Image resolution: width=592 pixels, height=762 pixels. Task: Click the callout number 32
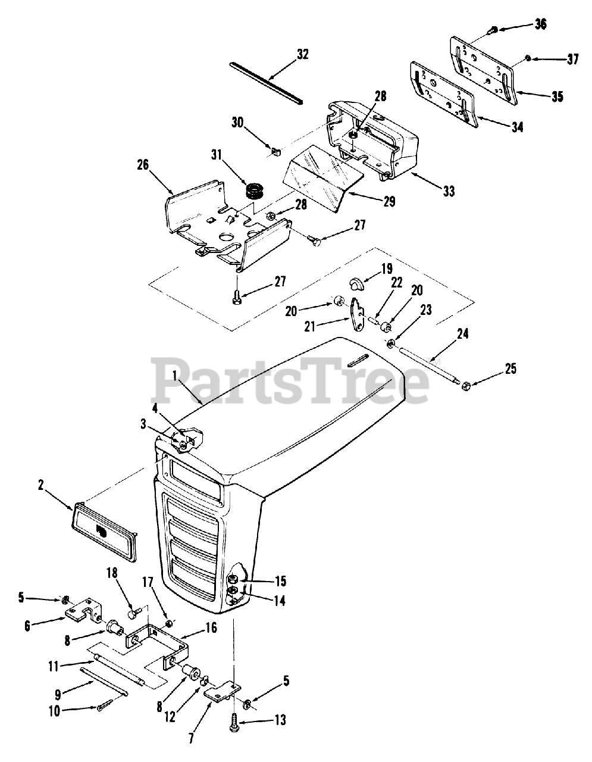click(302, 54)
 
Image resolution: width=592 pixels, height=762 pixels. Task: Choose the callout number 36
click(540, 24)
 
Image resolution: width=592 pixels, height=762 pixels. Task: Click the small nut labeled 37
click(527, 58)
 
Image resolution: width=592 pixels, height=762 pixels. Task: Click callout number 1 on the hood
click(175, 376)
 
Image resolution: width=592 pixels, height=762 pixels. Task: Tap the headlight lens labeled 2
click(105, 530)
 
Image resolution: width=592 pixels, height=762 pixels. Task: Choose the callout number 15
click(280, 580)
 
